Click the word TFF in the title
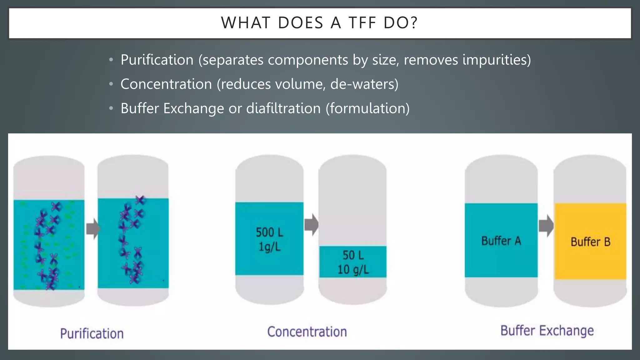362,23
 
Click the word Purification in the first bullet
157,60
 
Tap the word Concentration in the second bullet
166,84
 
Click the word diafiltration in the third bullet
283,108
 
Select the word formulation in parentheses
367,108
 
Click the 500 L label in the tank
269,232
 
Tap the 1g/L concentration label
269,247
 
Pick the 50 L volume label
353,255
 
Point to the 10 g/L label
353,269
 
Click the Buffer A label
501,241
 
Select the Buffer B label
590,242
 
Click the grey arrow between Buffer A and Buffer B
546,226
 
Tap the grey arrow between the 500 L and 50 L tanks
311,224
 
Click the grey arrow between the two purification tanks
93,228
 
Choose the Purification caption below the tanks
92,334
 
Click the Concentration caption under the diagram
307,332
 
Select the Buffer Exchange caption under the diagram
547,331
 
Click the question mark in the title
414,23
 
